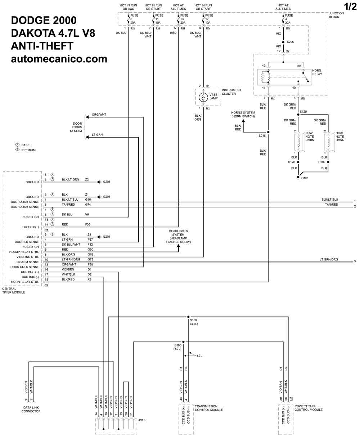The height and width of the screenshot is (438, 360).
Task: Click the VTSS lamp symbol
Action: (203, 97)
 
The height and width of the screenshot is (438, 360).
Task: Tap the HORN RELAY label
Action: (317, 72)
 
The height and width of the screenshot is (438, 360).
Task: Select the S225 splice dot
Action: (283, 42)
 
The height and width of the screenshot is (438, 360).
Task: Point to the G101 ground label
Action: (305, 178)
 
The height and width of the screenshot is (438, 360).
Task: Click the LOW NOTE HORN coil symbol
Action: (298, 142)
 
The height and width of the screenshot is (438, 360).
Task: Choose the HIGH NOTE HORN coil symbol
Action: (329, 142)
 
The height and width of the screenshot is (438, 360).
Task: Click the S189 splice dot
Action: (188, 317)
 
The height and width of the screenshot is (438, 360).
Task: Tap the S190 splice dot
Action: (183, 341)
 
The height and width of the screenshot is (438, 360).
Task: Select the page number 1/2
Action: (350, 6)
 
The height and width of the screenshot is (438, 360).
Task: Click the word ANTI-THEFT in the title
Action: (42, 46)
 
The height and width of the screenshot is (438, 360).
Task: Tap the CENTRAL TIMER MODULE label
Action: (13, 290)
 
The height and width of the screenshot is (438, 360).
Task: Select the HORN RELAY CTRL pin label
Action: (25, 282)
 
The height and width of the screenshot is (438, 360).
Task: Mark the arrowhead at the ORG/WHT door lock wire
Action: (87, 117)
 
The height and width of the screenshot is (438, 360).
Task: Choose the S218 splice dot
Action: (268, 132)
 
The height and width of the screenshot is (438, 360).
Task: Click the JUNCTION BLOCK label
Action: (336, 15)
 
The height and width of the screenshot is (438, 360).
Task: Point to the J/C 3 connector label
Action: (142, 420)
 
